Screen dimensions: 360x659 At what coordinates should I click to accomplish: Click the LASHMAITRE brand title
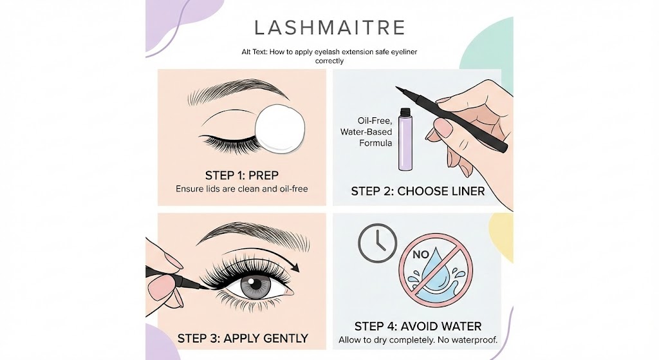coord(329,28)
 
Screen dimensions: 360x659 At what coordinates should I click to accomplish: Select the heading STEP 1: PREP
coord(241,175)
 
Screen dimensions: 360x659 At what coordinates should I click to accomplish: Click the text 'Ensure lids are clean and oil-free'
coord(241,189)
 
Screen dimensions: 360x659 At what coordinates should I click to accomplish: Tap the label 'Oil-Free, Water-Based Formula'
coord(366,131)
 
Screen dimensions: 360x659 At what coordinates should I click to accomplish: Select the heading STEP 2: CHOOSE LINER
coord(418,191)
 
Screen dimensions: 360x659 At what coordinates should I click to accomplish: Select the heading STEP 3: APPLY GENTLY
coord(243,338)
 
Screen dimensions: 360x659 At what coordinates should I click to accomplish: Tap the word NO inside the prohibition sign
coord(422,254)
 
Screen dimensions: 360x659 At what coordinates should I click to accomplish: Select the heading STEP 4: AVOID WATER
coord(417,326)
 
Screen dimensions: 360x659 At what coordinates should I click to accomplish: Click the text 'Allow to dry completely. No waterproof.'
coord(417,339)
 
